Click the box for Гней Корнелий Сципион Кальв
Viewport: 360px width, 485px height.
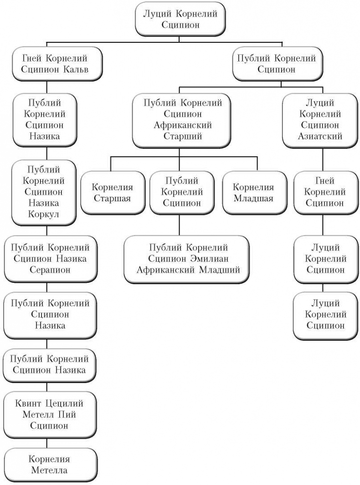(x=55, y=64)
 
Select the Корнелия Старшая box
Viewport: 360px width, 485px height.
(x=112, y=193)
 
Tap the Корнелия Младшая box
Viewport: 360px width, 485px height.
(x=253, y=193)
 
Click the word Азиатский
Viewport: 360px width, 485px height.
(x=323, y=136)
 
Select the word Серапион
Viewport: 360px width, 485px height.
(x=50, y=269)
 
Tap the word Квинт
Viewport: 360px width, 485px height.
(x=29, y=403)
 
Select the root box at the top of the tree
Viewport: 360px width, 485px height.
(x=180, y=19)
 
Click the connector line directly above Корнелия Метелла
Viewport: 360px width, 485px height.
(x=48, y=444)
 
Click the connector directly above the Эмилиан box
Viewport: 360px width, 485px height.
(x=179, y=225)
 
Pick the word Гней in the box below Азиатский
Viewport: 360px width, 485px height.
(x=323, y=181)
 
